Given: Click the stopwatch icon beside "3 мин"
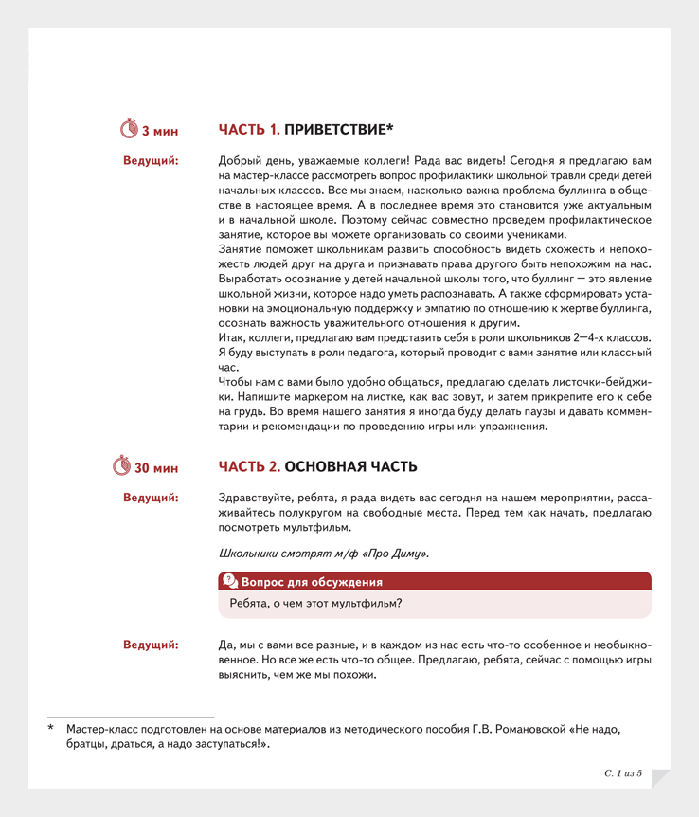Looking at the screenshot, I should pos(130,128).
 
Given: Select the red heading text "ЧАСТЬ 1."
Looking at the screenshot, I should pos(249,128).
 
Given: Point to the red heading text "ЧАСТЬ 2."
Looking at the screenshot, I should pos(249,466).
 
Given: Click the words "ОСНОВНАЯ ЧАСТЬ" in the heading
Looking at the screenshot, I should pos(350,466).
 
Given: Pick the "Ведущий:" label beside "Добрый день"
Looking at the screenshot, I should pos(151,159).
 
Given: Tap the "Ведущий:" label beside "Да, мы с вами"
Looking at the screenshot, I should pos(151,645).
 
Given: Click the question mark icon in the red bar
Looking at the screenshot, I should pos(229,581).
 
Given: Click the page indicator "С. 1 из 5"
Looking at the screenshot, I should pos(623,774).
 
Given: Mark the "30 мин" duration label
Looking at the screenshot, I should pos(156,467).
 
